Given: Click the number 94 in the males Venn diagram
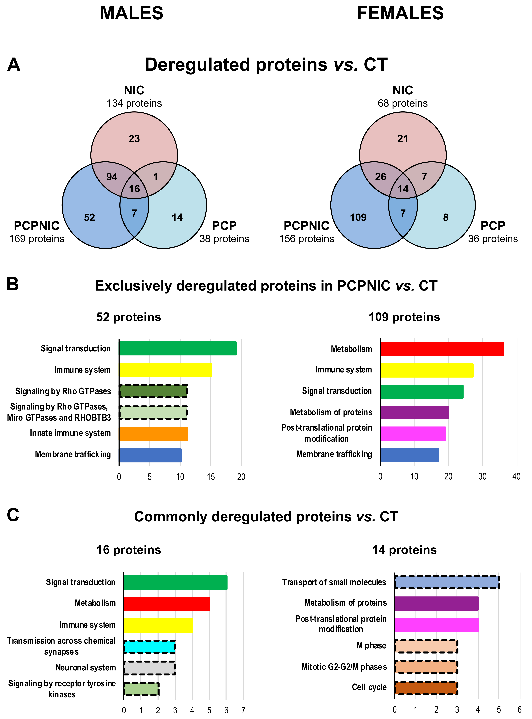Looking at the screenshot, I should pos(112,177).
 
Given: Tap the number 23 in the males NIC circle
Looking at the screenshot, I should pos(134,139).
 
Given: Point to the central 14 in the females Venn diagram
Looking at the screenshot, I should pos(403,189).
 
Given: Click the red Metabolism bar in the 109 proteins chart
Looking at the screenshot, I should pos(442,349).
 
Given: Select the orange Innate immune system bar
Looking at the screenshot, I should pos(153,434).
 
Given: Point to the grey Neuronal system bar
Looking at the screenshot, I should pos(149,668).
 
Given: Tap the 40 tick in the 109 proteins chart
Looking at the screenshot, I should pos(516,477).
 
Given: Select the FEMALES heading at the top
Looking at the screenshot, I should pos(400,14).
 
